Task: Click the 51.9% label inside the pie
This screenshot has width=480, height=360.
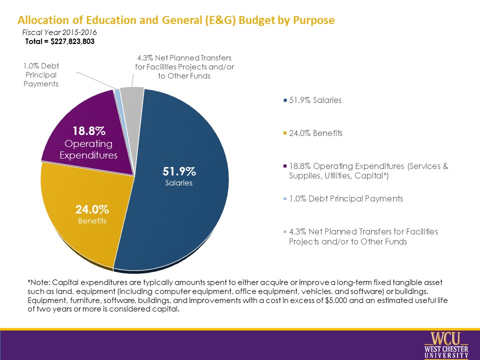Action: pyautogui.click(x=179, y=171)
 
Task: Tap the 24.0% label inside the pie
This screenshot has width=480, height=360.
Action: pyautogui.click(x=92, y=209)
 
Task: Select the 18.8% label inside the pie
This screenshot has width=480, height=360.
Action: pyautogui.click(x=89, y=131)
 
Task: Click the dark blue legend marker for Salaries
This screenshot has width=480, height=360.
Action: pyautogui.click(x=285, y=100)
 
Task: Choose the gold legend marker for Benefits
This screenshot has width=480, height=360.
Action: pyautogui.click(x=285, y=133)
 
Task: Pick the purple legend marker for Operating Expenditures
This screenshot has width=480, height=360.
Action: pyautogui.click(x=285, y=166)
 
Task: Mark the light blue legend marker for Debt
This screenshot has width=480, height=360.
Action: pyautogui.click(x=285, y=199)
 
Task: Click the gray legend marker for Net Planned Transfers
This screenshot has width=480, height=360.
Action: pyautogui.click(x=285, y=232)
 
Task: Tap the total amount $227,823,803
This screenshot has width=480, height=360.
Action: pyautogui.click(x=72, y=41)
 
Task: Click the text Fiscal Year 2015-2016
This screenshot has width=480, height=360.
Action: pyautogui.click(x=59, y=32)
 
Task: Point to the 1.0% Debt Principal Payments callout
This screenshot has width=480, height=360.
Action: pyautogui.click(x=41, y=75)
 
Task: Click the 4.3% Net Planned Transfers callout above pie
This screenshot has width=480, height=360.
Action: pyautogui.click(x=184, y=67)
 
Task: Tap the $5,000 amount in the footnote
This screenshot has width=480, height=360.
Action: pyautogui.click(x=336, y=300)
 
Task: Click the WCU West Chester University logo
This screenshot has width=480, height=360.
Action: pyautogui.click(x=446, y=345)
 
